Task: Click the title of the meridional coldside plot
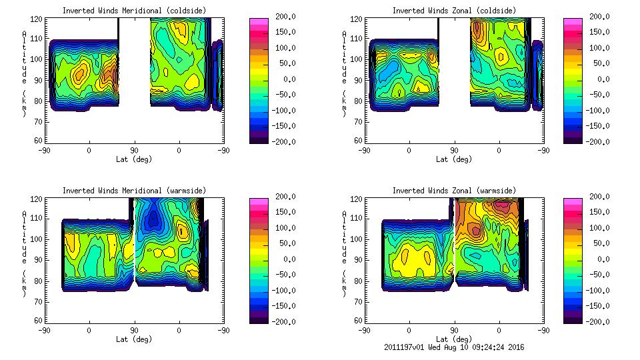pyautogui.click(x=134, y=11)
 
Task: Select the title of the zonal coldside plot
pyautogui.click(x=454, y=11)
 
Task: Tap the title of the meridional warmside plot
pyautogui.click(x=134, y=191)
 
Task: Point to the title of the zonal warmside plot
pyautogui.click(x=454, y=191)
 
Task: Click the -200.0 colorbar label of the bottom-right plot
pyautogui.click(x=598, y=322)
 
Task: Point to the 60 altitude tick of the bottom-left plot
pyautogui.click(x=39, y=321)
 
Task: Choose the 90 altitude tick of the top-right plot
pyautogui.click(x=359, y=80)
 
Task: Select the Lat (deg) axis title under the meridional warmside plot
pyautogui.click(x=134, y=339)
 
